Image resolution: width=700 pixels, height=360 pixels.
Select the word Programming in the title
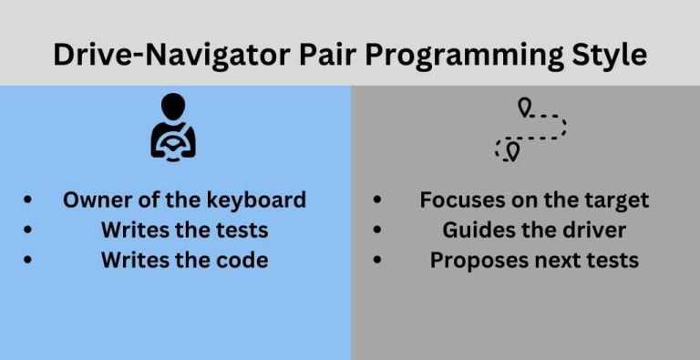click(465, 55)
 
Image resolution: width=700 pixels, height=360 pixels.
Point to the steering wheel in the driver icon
click(173, 143)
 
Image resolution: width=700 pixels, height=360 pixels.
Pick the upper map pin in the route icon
click(524, 108)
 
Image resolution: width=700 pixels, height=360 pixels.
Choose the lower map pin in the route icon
click(512, 149)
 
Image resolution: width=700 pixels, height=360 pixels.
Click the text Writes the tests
click(184, 230)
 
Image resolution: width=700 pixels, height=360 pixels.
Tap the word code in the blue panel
click(243, 260)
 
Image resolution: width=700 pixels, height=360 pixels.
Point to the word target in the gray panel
click(614, 201)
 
